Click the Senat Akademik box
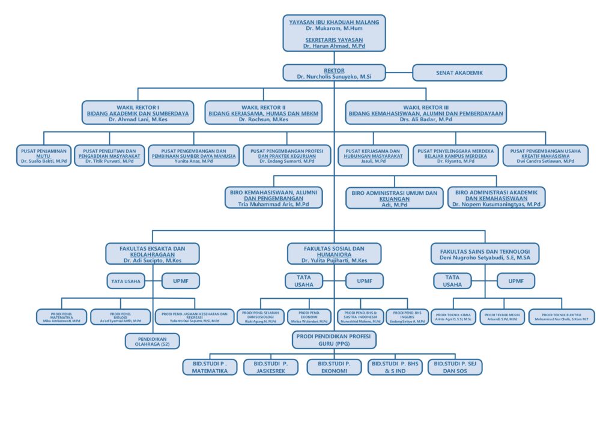click(459, 73)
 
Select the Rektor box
click(334, 73)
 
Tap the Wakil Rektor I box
click(138, 113)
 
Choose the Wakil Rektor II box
click(264, 113)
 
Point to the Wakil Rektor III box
click(426, 113)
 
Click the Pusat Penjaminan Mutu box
click(45, 155)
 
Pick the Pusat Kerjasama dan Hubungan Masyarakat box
click(373, 155)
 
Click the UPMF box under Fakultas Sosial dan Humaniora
click(364, 281)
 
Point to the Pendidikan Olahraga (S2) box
click(153, 341)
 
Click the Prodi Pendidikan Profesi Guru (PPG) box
click(334, 340)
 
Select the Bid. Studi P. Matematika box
click(210, 367)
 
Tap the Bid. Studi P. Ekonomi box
click(334, 367)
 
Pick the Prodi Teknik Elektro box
click(562, 317)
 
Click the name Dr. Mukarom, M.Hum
click(334, 28)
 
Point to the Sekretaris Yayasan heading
click(334, 40)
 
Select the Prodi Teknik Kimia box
click(453, 317)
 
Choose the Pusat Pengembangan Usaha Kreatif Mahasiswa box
click(545, 155)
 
